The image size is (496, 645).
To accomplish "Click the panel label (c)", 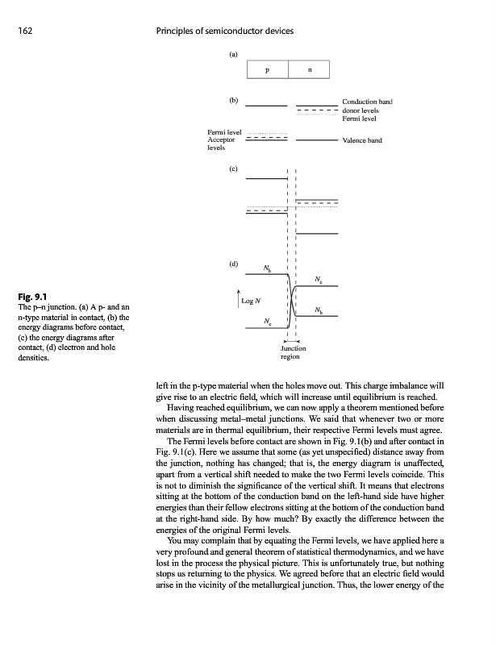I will coord(234,169).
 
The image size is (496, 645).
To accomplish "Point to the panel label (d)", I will coord(234,264).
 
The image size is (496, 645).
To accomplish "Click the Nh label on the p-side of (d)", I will coord(268,268).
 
